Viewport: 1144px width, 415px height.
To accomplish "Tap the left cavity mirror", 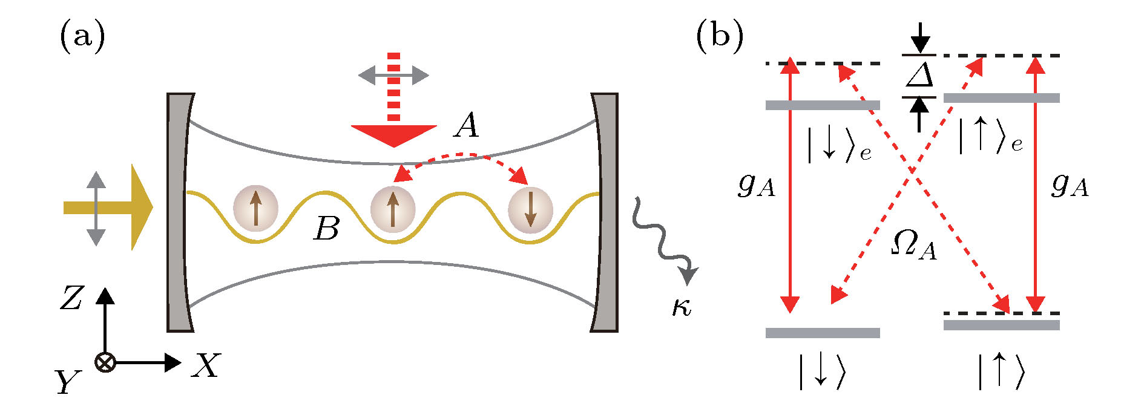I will point(179,212).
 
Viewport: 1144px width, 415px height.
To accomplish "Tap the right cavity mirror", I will point(605,212).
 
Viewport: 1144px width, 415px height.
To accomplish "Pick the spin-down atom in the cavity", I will point(530,210).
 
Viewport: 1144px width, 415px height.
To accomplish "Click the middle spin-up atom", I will point(393,210).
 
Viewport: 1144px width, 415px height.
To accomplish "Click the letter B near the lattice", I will point(327,229).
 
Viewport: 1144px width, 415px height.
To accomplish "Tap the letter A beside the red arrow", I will point(467,126).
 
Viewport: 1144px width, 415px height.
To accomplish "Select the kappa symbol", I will point(682,307).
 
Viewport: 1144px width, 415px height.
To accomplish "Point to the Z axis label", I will point(71,299).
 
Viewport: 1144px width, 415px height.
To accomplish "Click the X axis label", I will point(206,365).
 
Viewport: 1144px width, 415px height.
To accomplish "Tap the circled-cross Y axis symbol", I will point(105,363).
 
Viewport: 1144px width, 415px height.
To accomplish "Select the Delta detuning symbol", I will point(919,76).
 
